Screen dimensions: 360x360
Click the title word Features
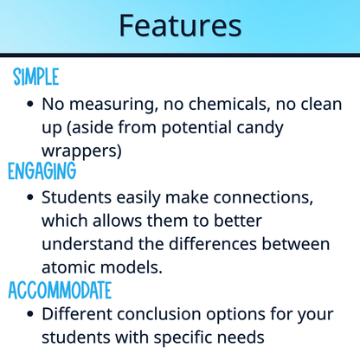click(180, 25)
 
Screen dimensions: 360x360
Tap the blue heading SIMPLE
click(36, 77)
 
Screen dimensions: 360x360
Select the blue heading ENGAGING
click(42, 170)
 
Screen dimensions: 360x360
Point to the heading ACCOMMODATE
click(60, 289)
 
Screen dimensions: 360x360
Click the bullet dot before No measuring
click(31, 104)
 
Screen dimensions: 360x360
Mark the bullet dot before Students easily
click(31, 197)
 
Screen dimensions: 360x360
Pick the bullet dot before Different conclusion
click(31, 314)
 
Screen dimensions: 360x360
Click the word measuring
click(107, 104)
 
